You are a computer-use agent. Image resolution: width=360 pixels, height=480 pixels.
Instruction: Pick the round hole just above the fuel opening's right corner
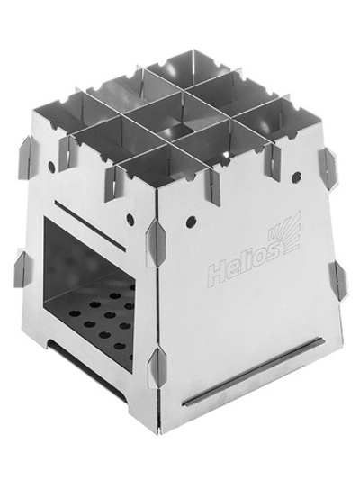(x=130, y=219)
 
